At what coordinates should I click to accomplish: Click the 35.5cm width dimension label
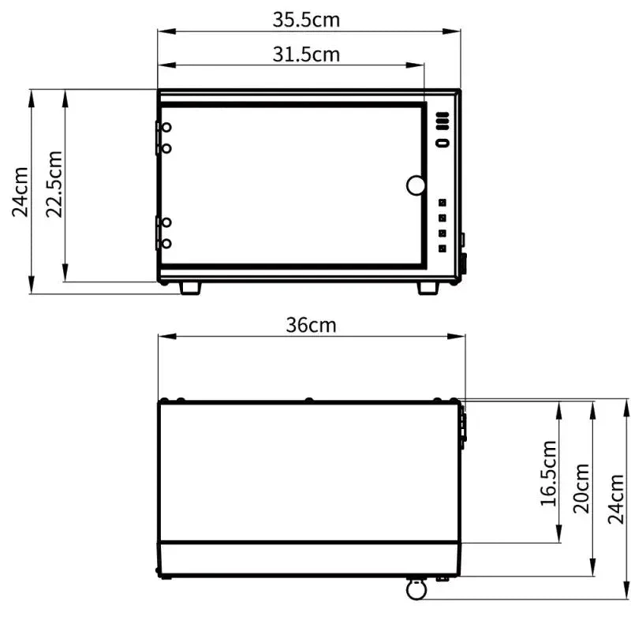pyautogui.click(x=306, y=19)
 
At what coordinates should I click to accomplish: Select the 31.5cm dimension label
pyautogui.click(x=306, y=54)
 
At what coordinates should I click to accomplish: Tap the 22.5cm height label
pyautogui.click(x=54, y=185)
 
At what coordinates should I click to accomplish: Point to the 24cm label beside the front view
pyautogui.click(x=21, y=192)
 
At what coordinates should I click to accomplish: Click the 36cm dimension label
pyautogui.click(x=311, y=325)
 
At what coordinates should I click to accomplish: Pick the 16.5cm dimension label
pyautogui.click(x=548, y=473)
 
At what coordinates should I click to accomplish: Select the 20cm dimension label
pyautogui.click(x=581, y=488)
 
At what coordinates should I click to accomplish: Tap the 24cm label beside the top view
pyautogui.click(x=616, y=499)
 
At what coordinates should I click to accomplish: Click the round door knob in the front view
pyautogui.click(x=416, y=185)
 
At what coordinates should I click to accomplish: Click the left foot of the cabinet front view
pyautogui.click(x=190, y=288)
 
